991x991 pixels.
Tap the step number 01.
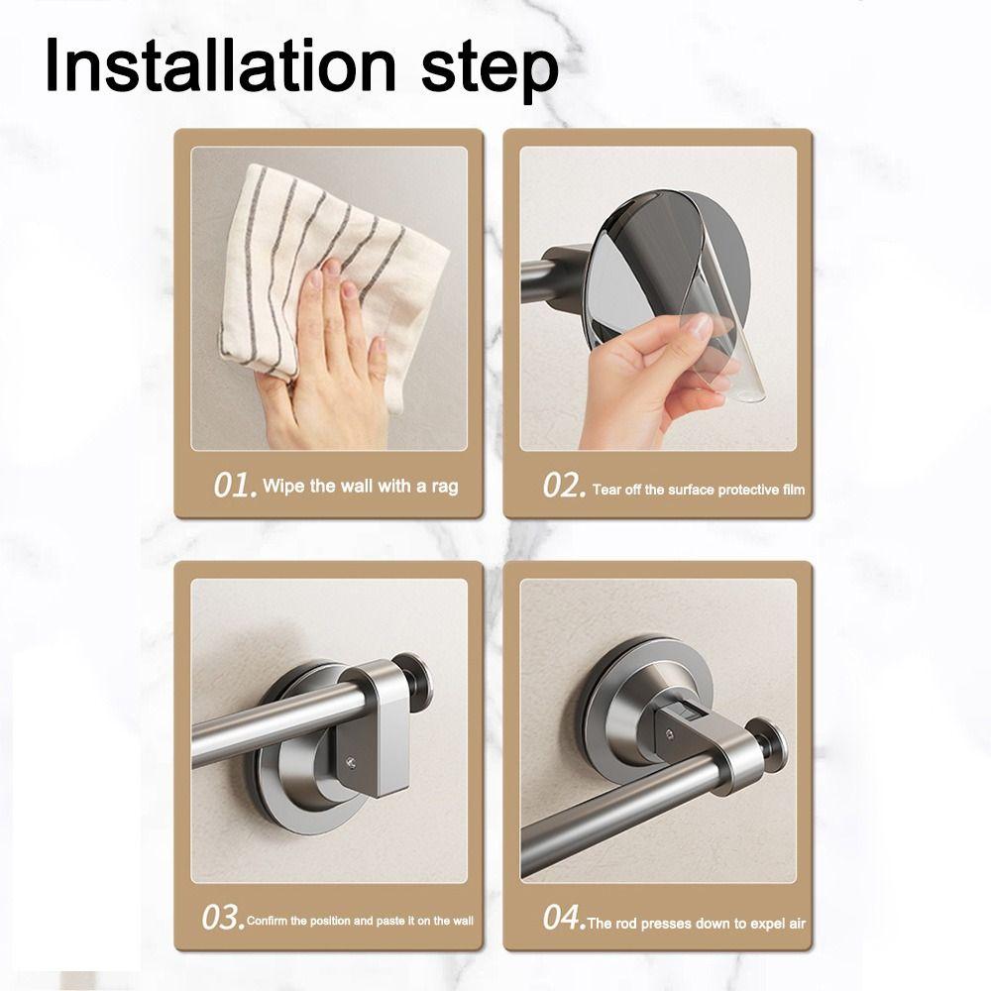[237, 486]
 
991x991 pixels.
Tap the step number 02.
[565, 486]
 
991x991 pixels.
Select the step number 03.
[222, 919]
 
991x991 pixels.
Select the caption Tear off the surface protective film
[699, 490]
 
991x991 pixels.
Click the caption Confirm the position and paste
[360, 921]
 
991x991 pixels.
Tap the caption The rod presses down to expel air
[697, 923]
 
